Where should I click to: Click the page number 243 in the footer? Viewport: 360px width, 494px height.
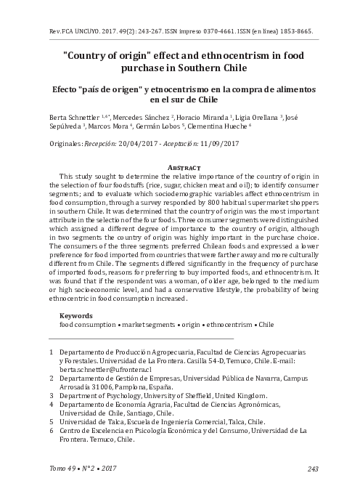(x=314, y=469)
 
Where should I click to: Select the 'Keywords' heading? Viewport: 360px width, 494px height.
(x=75, y=316)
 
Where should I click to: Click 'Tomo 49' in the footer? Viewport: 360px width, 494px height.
(x=63, y=469)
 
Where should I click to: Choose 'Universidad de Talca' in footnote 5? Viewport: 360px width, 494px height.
(x=90, y=421)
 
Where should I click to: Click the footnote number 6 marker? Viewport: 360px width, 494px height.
(x=50, y=431)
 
